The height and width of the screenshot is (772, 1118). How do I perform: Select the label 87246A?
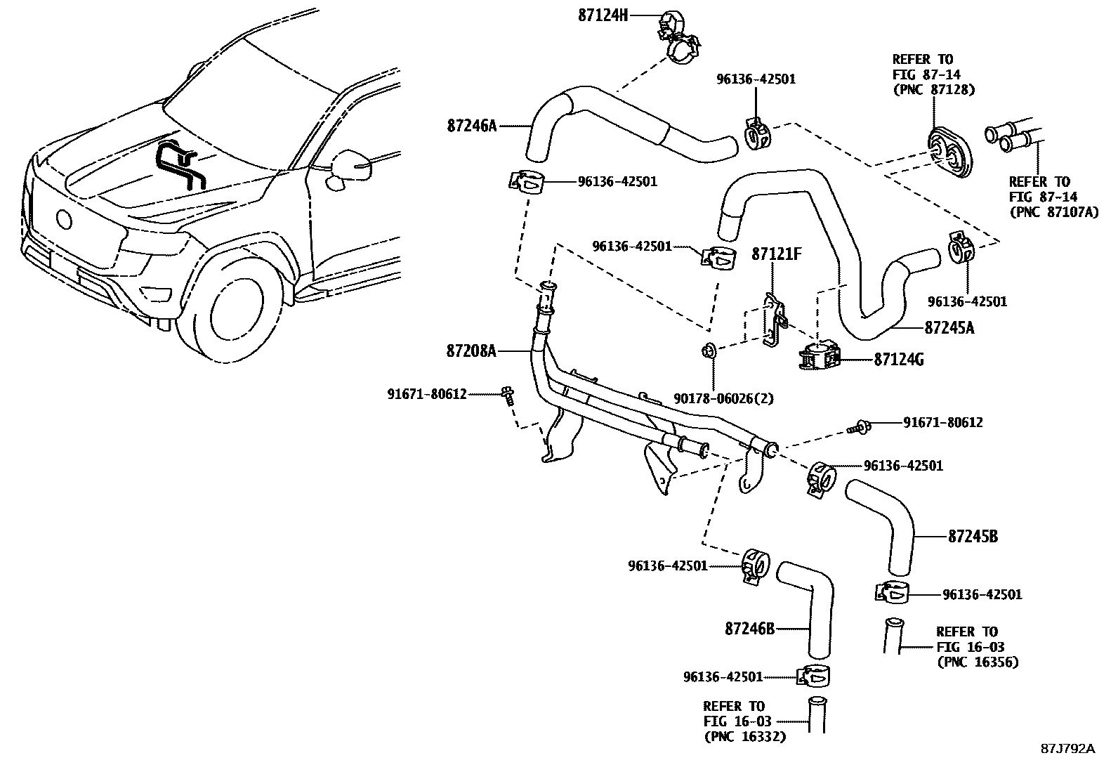[471, 126]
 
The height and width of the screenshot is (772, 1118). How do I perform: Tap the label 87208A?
[471, 351]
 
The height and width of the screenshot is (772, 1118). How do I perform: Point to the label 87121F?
[776, 254]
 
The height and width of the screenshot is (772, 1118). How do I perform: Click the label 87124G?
[898, 360]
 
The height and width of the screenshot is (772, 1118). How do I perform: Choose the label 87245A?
[949, 328]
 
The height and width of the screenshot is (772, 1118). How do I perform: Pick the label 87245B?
[973, 537]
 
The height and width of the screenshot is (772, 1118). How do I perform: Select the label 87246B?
[749, 629]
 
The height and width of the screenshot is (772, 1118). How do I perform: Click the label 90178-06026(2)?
[723, 398]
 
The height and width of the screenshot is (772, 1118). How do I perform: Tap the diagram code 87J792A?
[1067, 748]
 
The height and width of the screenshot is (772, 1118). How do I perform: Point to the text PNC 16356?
[978, 662]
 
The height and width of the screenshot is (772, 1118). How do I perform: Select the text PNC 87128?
[934, 89]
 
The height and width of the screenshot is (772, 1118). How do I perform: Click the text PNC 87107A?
[1053, 211]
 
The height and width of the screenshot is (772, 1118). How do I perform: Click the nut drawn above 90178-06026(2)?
[709, 349]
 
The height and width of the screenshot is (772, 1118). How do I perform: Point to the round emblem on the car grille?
[64, 219]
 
